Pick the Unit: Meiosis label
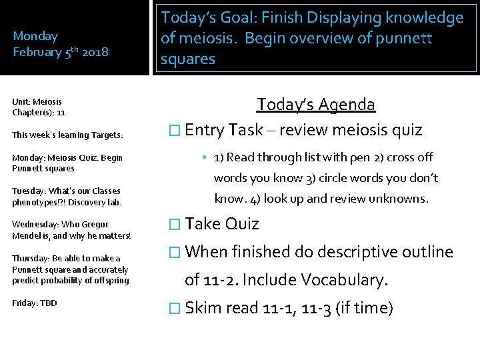(37, 101)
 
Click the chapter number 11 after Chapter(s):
(61, 113)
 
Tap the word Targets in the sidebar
(107, 135)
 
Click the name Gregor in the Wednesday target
(93, 224)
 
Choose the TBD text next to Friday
(49, 303)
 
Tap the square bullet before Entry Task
(175, 130)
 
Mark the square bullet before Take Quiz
(175, 224)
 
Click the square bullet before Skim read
(175, 309)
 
